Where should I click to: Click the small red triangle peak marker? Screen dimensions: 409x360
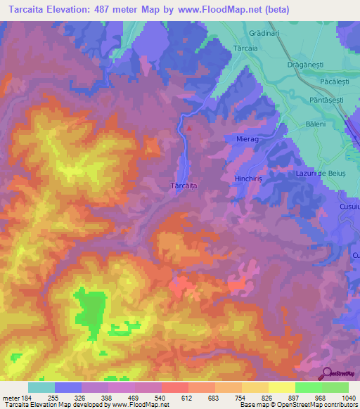(x=189, y=128)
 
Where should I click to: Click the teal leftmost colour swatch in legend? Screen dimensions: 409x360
(x=41, y=387)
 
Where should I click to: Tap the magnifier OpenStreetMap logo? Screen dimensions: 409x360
(x=326, y=373)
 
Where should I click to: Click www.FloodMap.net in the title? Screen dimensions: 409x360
(x=219, y=10)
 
